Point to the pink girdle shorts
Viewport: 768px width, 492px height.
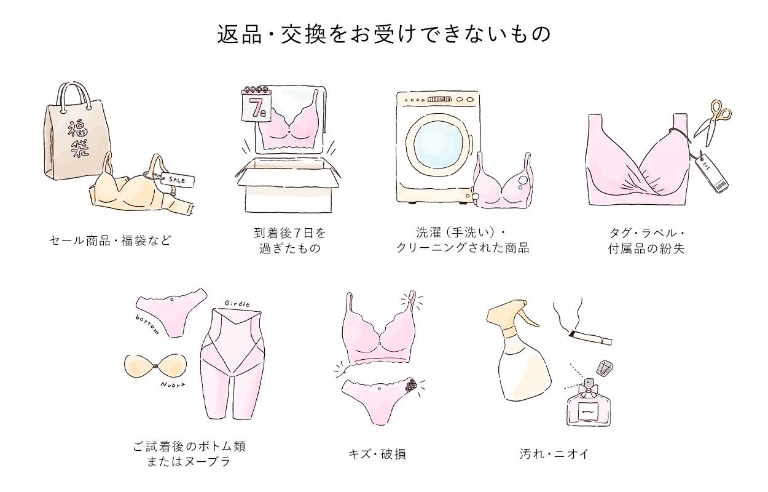click(x=231, y=363)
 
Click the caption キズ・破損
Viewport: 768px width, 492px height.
click(x=377, y=454)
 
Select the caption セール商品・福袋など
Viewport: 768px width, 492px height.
click(x=109, y=239)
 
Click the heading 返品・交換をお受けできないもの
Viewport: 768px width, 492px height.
click(x=384, y=34)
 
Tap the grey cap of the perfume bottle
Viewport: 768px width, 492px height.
click(x=605, y=368)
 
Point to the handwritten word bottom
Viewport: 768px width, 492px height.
click(x=147, y=323)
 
